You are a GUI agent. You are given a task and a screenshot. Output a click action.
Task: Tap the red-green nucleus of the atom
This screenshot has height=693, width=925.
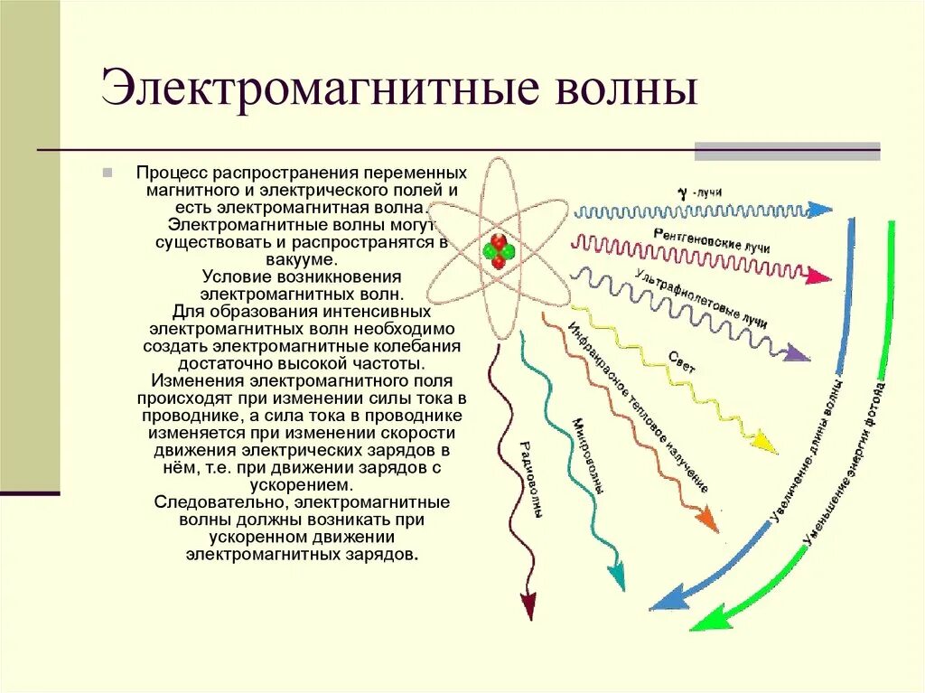pos(498,251)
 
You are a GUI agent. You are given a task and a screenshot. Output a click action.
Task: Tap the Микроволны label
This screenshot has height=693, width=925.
pos(586,456)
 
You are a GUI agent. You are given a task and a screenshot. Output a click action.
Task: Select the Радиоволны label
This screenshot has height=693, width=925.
pos(531,479)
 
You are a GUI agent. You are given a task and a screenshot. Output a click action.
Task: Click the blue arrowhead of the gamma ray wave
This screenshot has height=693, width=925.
pos(820,210)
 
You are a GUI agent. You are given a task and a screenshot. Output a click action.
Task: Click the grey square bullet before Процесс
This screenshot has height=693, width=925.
pos(107,172)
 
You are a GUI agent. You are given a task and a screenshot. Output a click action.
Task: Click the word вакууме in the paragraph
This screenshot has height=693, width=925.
pos(302,259)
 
